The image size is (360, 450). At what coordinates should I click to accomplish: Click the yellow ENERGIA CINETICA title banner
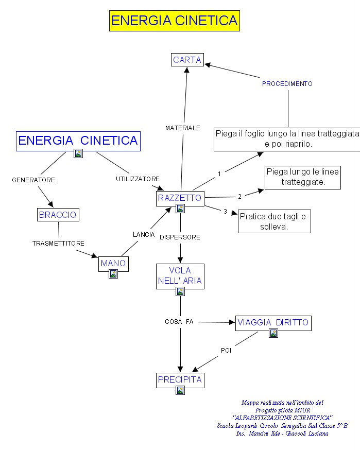pos(175,21)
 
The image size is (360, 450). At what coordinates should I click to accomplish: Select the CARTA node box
pos(187,60)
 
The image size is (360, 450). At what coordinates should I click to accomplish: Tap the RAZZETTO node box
pos(180,198)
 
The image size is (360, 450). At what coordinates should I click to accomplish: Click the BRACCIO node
pos(58,214)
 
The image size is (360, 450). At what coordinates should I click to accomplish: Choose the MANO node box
pos(113,263)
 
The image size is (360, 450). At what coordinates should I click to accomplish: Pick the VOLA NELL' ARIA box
pos(180,276)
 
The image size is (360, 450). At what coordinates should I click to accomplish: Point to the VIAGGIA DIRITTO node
pos(273,323)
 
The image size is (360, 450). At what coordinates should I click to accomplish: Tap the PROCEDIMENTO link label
pos(287,83)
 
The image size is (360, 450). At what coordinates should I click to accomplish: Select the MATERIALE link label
pos(183,128)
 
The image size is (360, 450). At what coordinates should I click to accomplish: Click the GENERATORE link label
pos(33,180)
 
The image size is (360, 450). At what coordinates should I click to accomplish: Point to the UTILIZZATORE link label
pos(138,179)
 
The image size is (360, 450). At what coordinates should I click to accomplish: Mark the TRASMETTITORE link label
pos(58,243)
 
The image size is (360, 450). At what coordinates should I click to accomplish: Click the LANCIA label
pos(144,234)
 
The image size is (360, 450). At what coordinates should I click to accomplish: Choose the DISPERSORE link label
pos(180,237)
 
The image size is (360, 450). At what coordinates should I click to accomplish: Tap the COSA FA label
pos(179,321)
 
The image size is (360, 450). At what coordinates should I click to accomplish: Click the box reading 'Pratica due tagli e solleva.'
pos(275,221)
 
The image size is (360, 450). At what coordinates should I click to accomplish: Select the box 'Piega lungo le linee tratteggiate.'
pos(302,177)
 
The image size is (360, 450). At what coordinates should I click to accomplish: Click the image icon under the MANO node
pos(113,274)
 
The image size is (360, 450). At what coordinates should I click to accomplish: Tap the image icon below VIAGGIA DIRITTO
pos(273,334)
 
